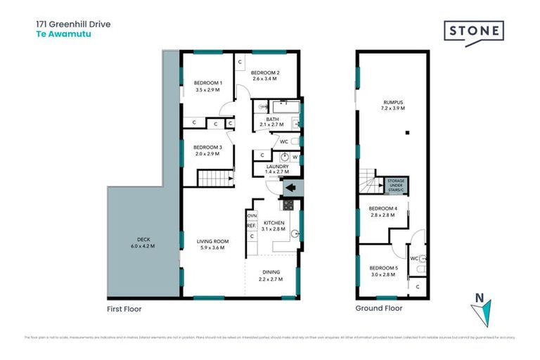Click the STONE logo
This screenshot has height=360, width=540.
[x=474, y=32]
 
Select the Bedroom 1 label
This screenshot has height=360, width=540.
[x=207, y=84]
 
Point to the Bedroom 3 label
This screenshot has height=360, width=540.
[x=207, y=147]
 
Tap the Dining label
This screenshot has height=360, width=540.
[x=271, y=272]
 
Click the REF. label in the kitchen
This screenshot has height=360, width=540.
[x=251, y=226]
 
